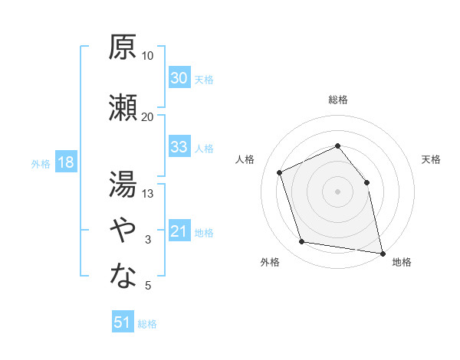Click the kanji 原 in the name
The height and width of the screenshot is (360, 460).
[123, 47]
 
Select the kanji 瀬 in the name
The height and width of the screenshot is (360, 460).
[123, 107]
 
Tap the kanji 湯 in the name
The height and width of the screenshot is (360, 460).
[123, 184]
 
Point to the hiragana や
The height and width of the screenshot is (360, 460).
[123, 230]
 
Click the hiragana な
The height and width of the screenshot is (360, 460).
[123, 275]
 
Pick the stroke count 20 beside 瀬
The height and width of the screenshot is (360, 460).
[147, 117]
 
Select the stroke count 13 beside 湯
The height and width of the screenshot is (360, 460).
[147, 194]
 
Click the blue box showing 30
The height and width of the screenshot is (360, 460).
[179, 77]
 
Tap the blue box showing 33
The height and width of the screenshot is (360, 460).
[179, 146]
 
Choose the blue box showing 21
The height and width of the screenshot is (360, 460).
[179, 230]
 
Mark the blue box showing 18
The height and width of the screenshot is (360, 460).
[66, 162]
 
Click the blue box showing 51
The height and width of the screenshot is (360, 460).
[123, 321]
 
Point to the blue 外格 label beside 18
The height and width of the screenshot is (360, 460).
[41, 164]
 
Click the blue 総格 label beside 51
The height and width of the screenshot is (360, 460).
[147, 324]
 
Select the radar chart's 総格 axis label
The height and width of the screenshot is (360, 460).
[338, 100]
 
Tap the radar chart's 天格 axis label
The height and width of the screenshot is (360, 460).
[431, 159]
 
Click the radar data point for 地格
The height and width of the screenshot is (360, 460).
[383, 254]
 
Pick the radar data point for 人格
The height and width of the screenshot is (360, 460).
[279, 172]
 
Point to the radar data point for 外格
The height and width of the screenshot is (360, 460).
[301, 241]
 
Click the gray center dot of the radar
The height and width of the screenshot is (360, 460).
[337, 191]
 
